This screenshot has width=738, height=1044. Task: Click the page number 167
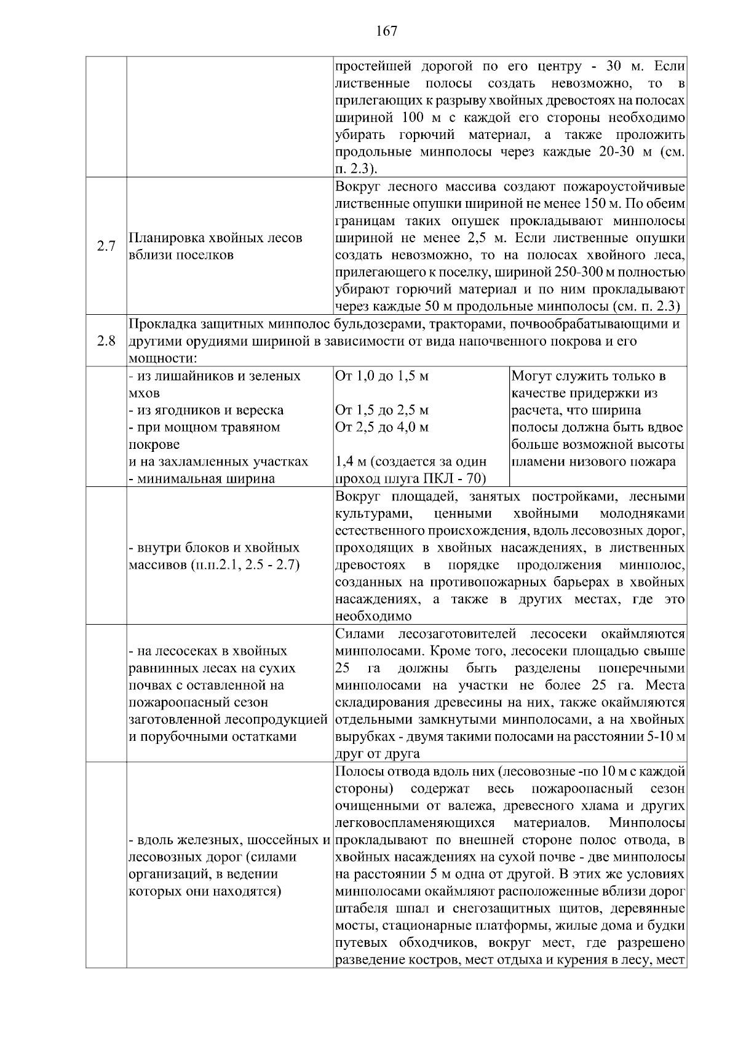(386, 31)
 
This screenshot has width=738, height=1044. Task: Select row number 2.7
(106, 247)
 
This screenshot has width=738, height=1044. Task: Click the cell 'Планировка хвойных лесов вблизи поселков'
(216, 247)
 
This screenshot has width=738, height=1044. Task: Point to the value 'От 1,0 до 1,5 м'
(381, 376)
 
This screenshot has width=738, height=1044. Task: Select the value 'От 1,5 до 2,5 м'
(381, 410)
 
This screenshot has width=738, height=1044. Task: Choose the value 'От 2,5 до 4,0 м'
(381, 427)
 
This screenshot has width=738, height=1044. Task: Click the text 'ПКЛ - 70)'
(456, 479)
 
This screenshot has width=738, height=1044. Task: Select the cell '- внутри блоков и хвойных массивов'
(214, 556)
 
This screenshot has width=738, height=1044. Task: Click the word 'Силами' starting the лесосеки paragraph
(360, 634)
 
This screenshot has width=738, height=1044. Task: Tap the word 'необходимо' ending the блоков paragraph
(373, 616)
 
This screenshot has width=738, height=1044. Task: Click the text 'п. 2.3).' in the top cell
(357, 168)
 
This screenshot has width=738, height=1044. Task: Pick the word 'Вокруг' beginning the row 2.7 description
(359, 186)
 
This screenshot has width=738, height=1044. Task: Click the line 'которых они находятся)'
(205, 892)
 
